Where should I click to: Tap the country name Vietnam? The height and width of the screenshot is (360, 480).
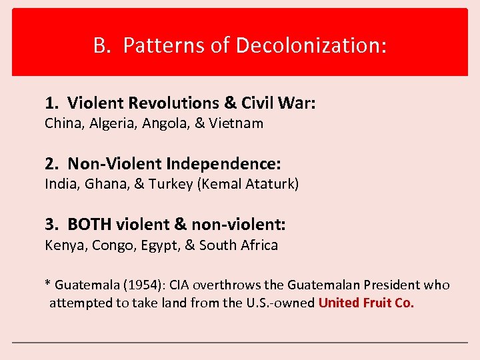tap(236, 123)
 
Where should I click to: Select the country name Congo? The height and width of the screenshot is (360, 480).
tap(112, 245)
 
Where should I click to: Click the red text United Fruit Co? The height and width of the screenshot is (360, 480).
tap(366, 303)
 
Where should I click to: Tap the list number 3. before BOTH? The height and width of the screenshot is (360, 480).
tap(52, 225)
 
